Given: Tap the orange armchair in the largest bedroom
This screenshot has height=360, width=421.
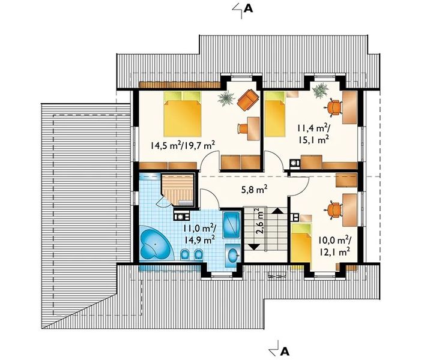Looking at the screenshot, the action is coord(247,100).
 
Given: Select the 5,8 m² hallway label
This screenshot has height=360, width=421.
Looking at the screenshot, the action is coord(254,190).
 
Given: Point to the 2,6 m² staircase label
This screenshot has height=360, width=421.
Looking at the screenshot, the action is coord(259,221).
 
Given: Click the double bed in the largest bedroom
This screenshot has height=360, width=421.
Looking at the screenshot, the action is coord(183,114).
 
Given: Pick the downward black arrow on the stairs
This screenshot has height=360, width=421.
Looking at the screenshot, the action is coord(253,247).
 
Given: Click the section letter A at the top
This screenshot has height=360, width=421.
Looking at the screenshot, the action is coord(249,8).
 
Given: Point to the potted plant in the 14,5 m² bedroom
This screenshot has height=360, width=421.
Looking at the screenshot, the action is coord(226,98).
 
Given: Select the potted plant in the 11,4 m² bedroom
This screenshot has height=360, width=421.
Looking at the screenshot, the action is coord(321,91).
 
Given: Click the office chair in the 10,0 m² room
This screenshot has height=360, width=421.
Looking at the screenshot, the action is coord(335,210).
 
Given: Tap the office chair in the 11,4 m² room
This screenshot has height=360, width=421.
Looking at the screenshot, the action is coord(334,107).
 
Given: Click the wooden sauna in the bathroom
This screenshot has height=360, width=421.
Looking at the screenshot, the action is coord(178,190).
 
